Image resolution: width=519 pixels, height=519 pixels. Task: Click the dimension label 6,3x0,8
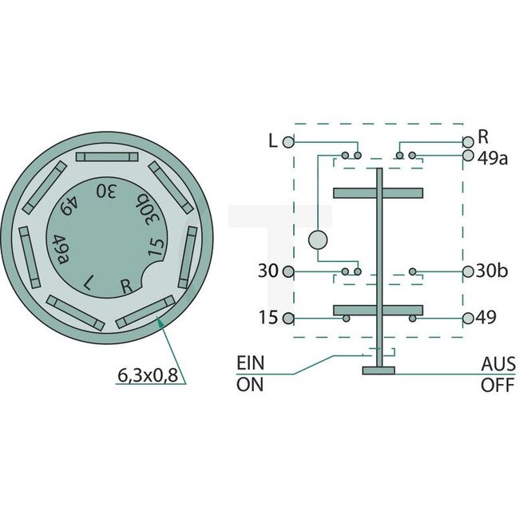[x=149, y=373]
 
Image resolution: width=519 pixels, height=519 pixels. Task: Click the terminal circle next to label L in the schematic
[x=288, y=141]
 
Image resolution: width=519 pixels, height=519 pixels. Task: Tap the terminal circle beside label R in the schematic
[x=468, y=141]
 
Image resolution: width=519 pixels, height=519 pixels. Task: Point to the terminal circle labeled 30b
[x=468, y=271]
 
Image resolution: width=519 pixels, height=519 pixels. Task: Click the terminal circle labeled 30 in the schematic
[x=288, y=271]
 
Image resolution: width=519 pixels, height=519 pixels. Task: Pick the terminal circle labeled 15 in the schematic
[x=288, y=318]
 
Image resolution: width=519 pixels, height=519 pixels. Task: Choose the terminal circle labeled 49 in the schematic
[x=468, y=318]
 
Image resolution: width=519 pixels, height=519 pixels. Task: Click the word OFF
[x=497, y=383]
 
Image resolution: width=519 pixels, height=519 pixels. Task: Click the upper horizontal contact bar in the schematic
[x=378, y=192]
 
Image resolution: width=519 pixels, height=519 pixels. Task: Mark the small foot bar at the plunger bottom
[x=378, y=370]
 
